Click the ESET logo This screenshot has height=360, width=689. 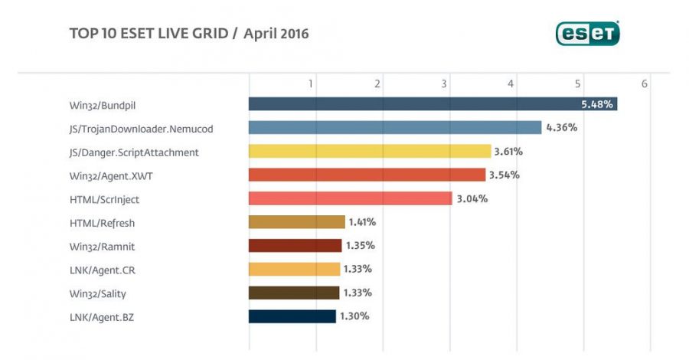tap(587, 33)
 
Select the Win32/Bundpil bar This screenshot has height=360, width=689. tap(433, 104)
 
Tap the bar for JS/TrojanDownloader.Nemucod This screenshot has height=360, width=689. tap(394, 128)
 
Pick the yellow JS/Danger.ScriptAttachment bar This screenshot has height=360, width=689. tap(369, 152)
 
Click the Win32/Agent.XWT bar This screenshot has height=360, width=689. tap(367, 175)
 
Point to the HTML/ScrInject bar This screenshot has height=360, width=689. tap(350, 198)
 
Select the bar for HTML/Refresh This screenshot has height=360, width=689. tap(296, 222)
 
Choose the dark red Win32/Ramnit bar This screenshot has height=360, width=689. tap(295, 246)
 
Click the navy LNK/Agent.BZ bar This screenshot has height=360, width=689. tap(292, 316)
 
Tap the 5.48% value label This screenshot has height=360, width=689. tap(596, 104)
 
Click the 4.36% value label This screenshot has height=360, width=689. tap(561, 128)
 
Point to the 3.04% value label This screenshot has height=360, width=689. tap(472, 198)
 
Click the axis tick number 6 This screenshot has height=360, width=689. tap(645, 83)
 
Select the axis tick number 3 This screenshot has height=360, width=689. tap(444, 83)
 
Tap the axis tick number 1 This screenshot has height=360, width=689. tap(311, 83)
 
